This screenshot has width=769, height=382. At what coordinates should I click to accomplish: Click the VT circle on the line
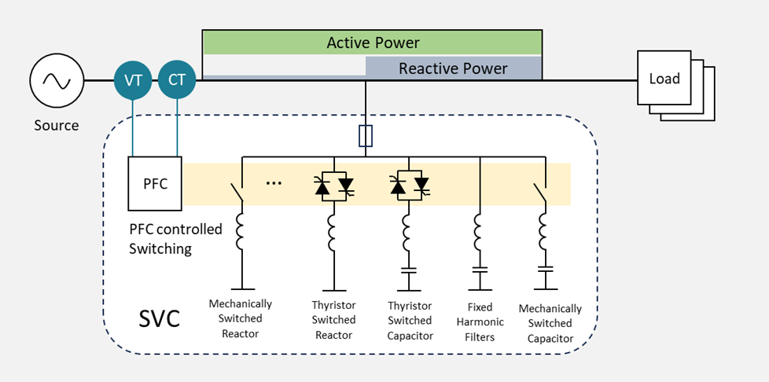pyautogui.click(x=133, y=80)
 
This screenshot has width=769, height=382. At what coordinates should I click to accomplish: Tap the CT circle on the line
pyautogui.click(x=177, y=80)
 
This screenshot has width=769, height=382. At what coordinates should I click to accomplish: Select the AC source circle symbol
pyautogui.click(x=57, y=80)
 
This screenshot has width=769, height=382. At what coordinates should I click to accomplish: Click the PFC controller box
pyautogui.click(x=155, y=183)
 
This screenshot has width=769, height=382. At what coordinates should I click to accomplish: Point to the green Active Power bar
pyautogui.click(x=373, y=42)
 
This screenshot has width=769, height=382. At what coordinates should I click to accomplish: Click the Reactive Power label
pyautogui.click(x=453, y=68)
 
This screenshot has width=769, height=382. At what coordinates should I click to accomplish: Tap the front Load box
pyautogui.click(x=664, y=78)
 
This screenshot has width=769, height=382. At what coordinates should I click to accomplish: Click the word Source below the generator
pyautogui.click(x=57, y=126)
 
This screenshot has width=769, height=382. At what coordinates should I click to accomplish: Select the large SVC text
pyautogui.click(x=160, y=319)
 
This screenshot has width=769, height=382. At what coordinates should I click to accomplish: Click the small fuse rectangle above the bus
pyautogui.click(x=366, y=136)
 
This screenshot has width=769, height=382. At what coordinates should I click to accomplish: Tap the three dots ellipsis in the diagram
pyautogui.click(x=274, y=183)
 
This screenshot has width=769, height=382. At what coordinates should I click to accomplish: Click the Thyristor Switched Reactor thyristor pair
pyautogui.click(x=334, y=185)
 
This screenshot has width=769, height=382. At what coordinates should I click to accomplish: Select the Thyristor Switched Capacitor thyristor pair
pyautogui.click(x=410, y=185)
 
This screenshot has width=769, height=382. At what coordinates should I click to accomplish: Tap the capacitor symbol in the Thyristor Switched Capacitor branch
pyautogui.click(x=409, y=270)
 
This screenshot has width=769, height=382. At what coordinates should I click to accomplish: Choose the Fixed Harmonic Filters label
pyautogui.click(x=480, y=322)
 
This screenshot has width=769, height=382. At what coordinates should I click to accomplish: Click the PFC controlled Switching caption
pyautogui.click(x=175, y=239)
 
